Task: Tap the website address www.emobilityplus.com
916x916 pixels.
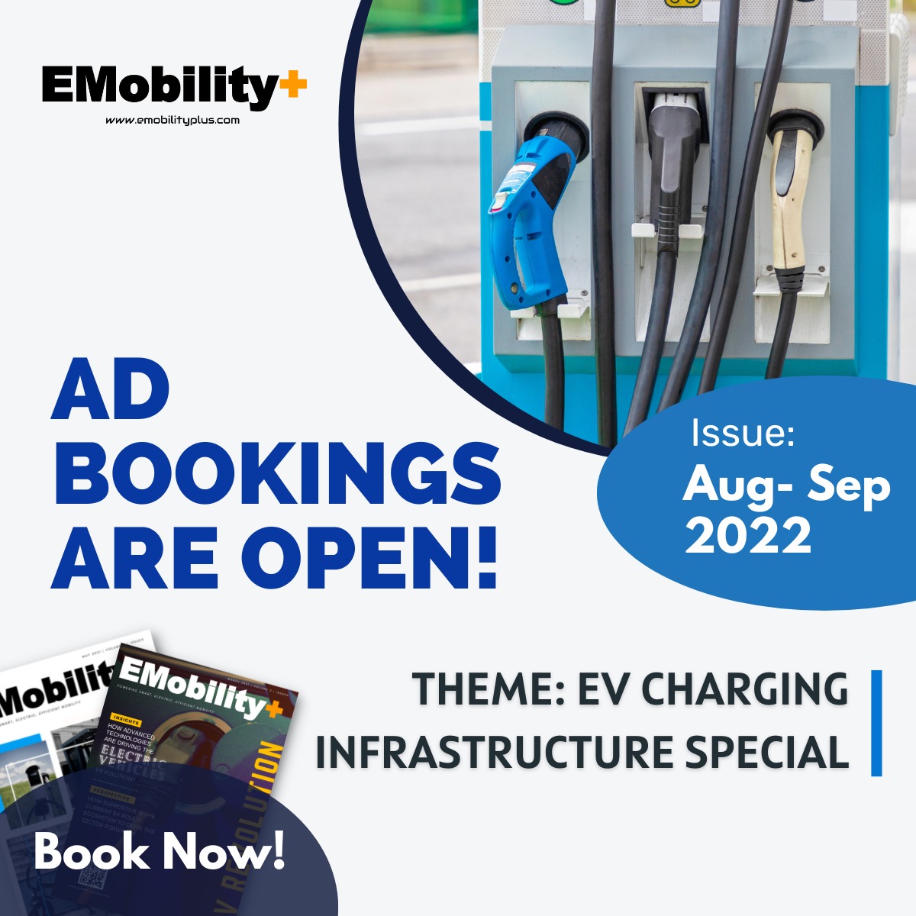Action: pyautogui.click(x=173, y=120)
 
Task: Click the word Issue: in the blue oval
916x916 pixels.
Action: pyautogui.click(x=743, y=433)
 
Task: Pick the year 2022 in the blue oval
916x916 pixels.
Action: pyautogui.click(x=748, y=535)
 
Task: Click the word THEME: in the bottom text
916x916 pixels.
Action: pyautogui.click(x=487, y=689)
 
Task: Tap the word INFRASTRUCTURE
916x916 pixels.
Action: pyautogui.click(x=495, y=752)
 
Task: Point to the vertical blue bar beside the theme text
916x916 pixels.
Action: pyautogui.click(x=876, y=723)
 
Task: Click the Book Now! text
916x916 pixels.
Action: pyautogui.click(x=160, y=851)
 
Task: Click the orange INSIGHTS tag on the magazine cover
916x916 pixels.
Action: pyautogui.click(x=125, y=718)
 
